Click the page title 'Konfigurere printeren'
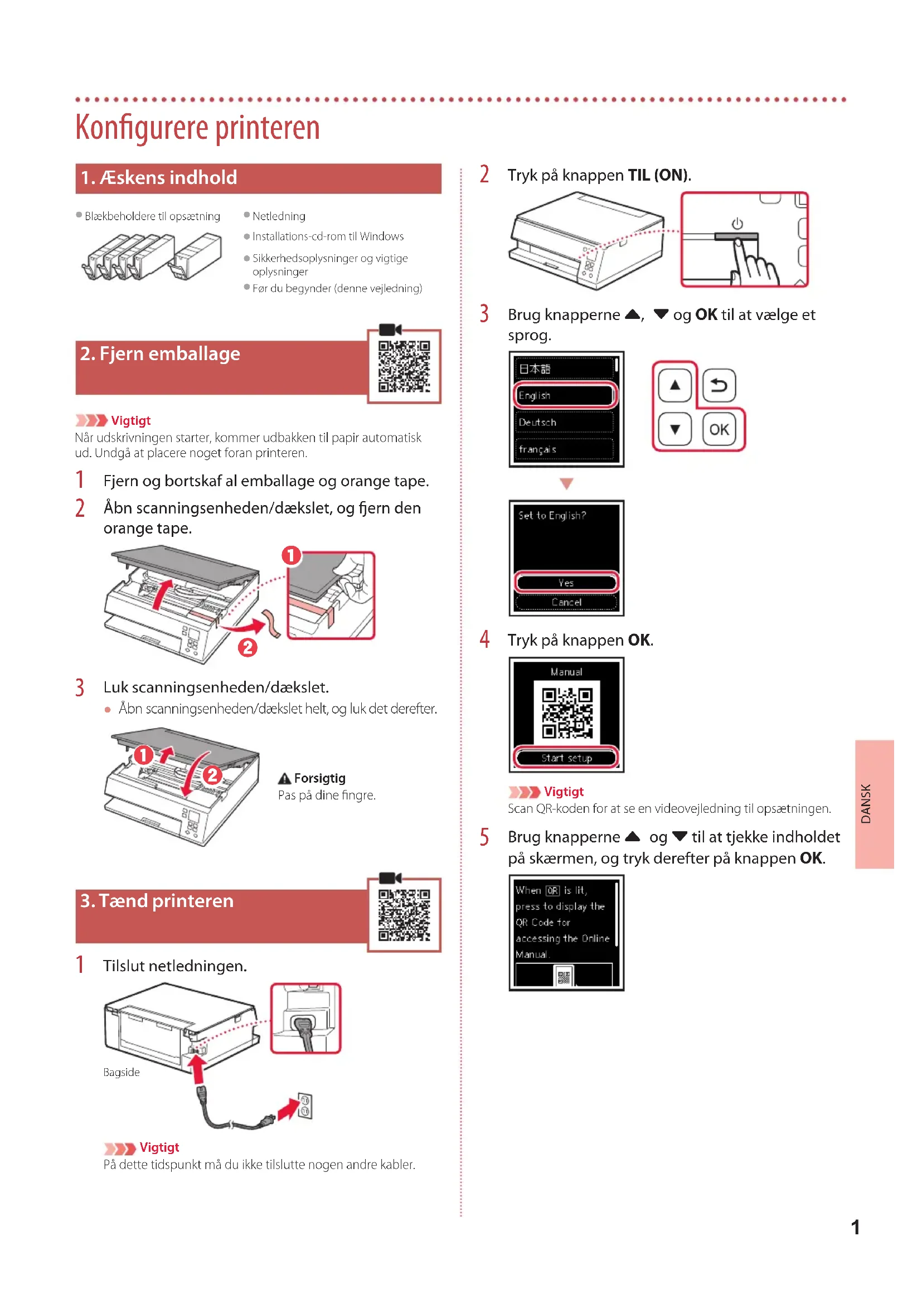[x=197, y=127]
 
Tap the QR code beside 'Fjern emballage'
[x=404, y=366]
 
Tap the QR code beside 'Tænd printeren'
[x=404, y=914]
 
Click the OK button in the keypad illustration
[x=719, y=429]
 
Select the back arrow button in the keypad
[x=719, y=386]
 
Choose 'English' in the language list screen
[x=565, y=395]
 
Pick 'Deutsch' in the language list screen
[x=565, y=422]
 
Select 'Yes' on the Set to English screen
[x=566, y=583]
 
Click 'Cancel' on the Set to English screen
[x=566, y=602]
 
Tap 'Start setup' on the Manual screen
[x=566, y=758]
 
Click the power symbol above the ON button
[x=737, y=223]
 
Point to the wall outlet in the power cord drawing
[x=305, y=1105]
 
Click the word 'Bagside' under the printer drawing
[x=122, y=1072]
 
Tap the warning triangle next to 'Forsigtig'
[x=284, y=778]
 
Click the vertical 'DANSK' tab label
[x=866, y=804]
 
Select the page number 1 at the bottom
[x=855, y=1227]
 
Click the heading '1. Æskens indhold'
[x=159, y=178]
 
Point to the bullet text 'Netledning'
[x=279, y=216]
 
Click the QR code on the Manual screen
[x=566, y=712]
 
